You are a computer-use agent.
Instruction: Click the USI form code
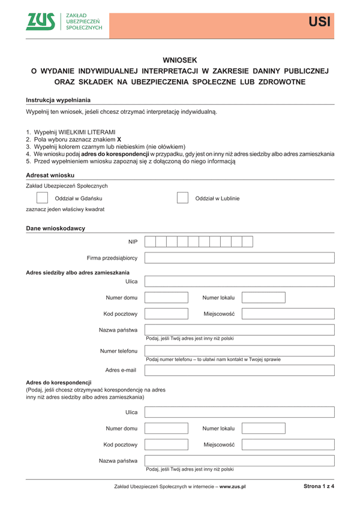click(319, 23)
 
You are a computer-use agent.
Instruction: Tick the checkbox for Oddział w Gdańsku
click(43, 198)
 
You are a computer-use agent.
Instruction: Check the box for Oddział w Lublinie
click(182, 198)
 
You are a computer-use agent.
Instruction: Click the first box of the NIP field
click(151, 242)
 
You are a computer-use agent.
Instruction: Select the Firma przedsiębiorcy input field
click(239, 258)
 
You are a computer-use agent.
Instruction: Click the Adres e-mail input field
click(239, 370)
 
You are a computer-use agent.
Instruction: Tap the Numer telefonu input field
click(239, 351)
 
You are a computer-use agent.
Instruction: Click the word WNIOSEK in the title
click(179, 60)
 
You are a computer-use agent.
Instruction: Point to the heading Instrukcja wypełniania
click(58, 100)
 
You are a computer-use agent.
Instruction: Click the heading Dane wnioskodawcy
click(55, 228)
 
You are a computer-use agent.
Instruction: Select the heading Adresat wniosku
click(50, 174)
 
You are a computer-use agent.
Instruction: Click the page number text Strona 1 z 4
click(319, 487)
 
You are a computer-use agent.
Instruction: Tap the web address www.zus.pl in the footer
click(232, 487)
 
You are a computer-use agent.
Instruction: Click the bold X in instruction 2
click(119, 139)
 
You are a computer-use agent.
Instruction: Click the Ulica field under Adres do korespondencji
click(239, 412)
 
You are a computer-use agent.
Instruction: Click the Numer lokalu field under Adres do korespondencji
click(263, 429)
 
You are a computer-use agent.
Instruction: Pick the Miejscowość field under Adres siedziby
click(288, 314)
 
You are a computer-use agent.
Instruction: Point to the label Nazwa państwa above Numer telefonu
click(118, 330)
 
